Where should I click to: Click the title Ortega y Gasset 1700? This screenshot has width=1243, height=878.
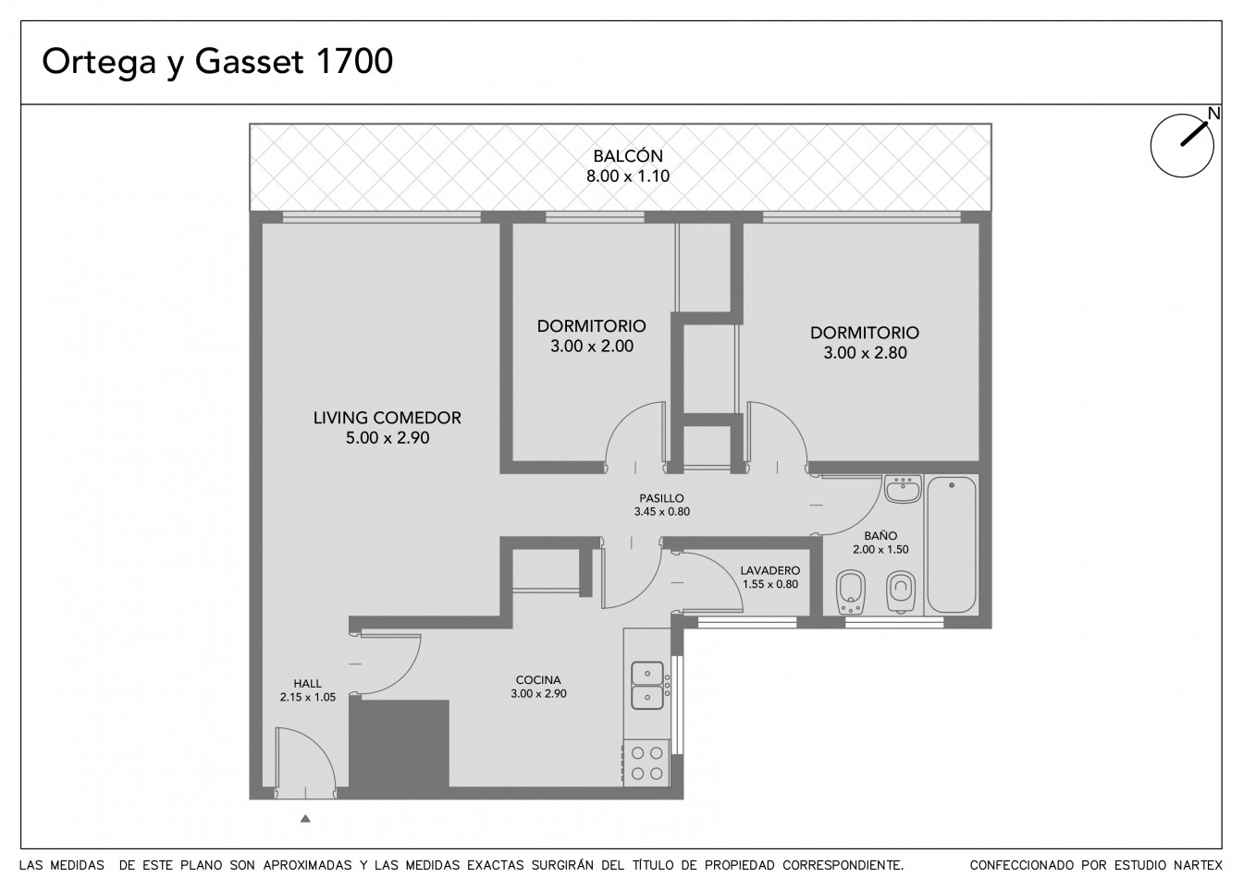coord(217,62)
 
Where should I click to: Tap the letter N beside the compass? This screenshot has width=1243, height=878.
coord(1214,113)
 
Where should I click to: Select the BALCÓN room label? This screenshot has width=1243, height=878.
coord(628,155)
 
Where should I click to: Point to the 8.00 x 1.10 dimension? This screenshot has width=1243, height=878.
coord(628,177)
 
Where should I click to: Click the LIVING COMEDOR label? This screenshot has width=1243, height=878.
coord(388,418)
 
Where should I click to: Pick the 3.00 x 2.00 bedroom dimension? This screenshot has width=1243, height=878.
coord(592,346)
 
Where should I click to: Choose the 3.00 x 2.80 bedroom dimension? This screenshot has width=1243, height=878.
coord(865,353)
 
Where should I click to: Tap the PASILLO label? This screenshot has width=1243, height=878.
coord(661,498)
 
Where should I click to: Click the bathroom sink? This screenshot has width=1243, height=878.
coord(903,489)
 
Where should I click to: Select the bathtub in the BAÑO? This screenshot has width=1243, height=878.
coord(952,544)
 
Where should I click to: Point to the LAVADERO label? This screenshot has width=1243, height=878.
coord(770,571)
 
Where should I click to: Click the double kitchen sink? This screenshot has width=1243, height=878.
coord(647,685)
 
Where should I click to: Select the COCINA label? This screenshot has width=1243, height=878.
coord(538,680)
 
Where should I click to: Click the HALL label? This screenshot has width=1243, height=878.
coord(307,684)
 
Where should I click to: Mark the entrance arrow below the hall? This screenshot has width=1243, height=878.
coord(305,818)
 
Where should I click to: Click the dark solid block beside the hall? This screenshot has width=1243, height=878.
coord(399,743)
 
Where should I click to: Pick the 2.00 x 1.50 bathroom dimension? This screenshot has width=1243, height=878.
coord(880,550)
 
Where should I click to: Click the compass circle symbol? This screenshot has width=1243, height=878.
coord(1182,146)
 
